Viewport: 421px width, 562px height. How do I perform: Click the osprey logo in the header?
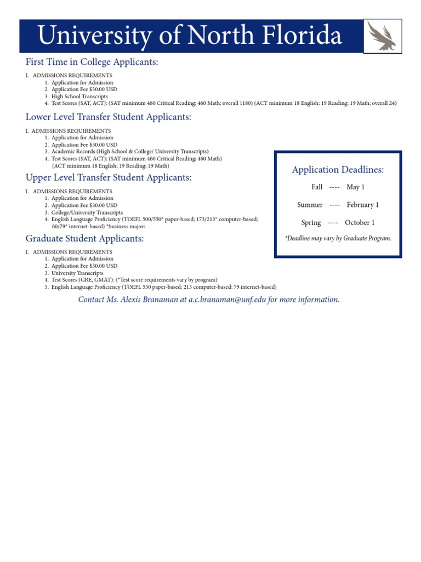(382, 36)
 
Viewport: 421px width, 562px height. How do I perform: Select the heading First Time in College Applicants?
(92, 62)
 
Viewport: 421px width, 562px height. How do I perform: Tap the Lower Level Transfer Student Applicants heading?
(109, 117)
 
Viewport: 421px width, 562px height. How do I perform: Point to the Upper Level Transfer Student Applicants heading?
(109, 177)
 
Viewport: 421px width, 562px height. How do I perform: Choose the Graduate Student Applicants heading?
(85, 238)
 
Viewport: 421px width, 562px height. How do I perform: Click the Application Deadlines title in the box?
(338, 170)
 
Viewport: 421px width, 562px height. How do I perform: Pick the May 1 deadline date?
(355, 187)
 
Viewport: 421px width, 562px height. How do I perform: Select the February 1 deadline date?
(362, 205)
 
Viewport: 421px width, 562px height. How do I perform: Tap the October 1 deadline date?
(360, 222)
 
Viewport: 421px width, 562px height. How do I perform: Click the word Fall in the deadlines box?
(317, 187)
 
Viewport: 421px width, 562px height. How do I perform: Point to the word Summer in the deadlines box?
(310, 205)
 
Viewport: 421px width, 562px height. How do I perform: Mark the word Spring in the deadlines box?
(311, 222)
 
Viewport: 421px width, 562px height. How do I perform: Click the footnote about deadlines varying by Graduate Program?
(338, 238)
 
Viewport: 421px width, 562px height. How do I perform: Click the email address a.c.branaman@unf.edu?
(227, 299)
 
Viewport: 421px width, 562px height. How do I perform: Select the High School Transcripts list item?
(79, 97)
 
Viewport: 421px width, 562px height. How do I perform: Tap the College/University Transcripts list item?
(87, 212)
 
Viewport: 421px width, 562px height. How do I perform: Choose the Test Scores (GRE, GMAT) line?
(134, 280)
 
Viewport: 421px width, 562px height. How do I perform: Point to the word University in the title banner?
(93, 36)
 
